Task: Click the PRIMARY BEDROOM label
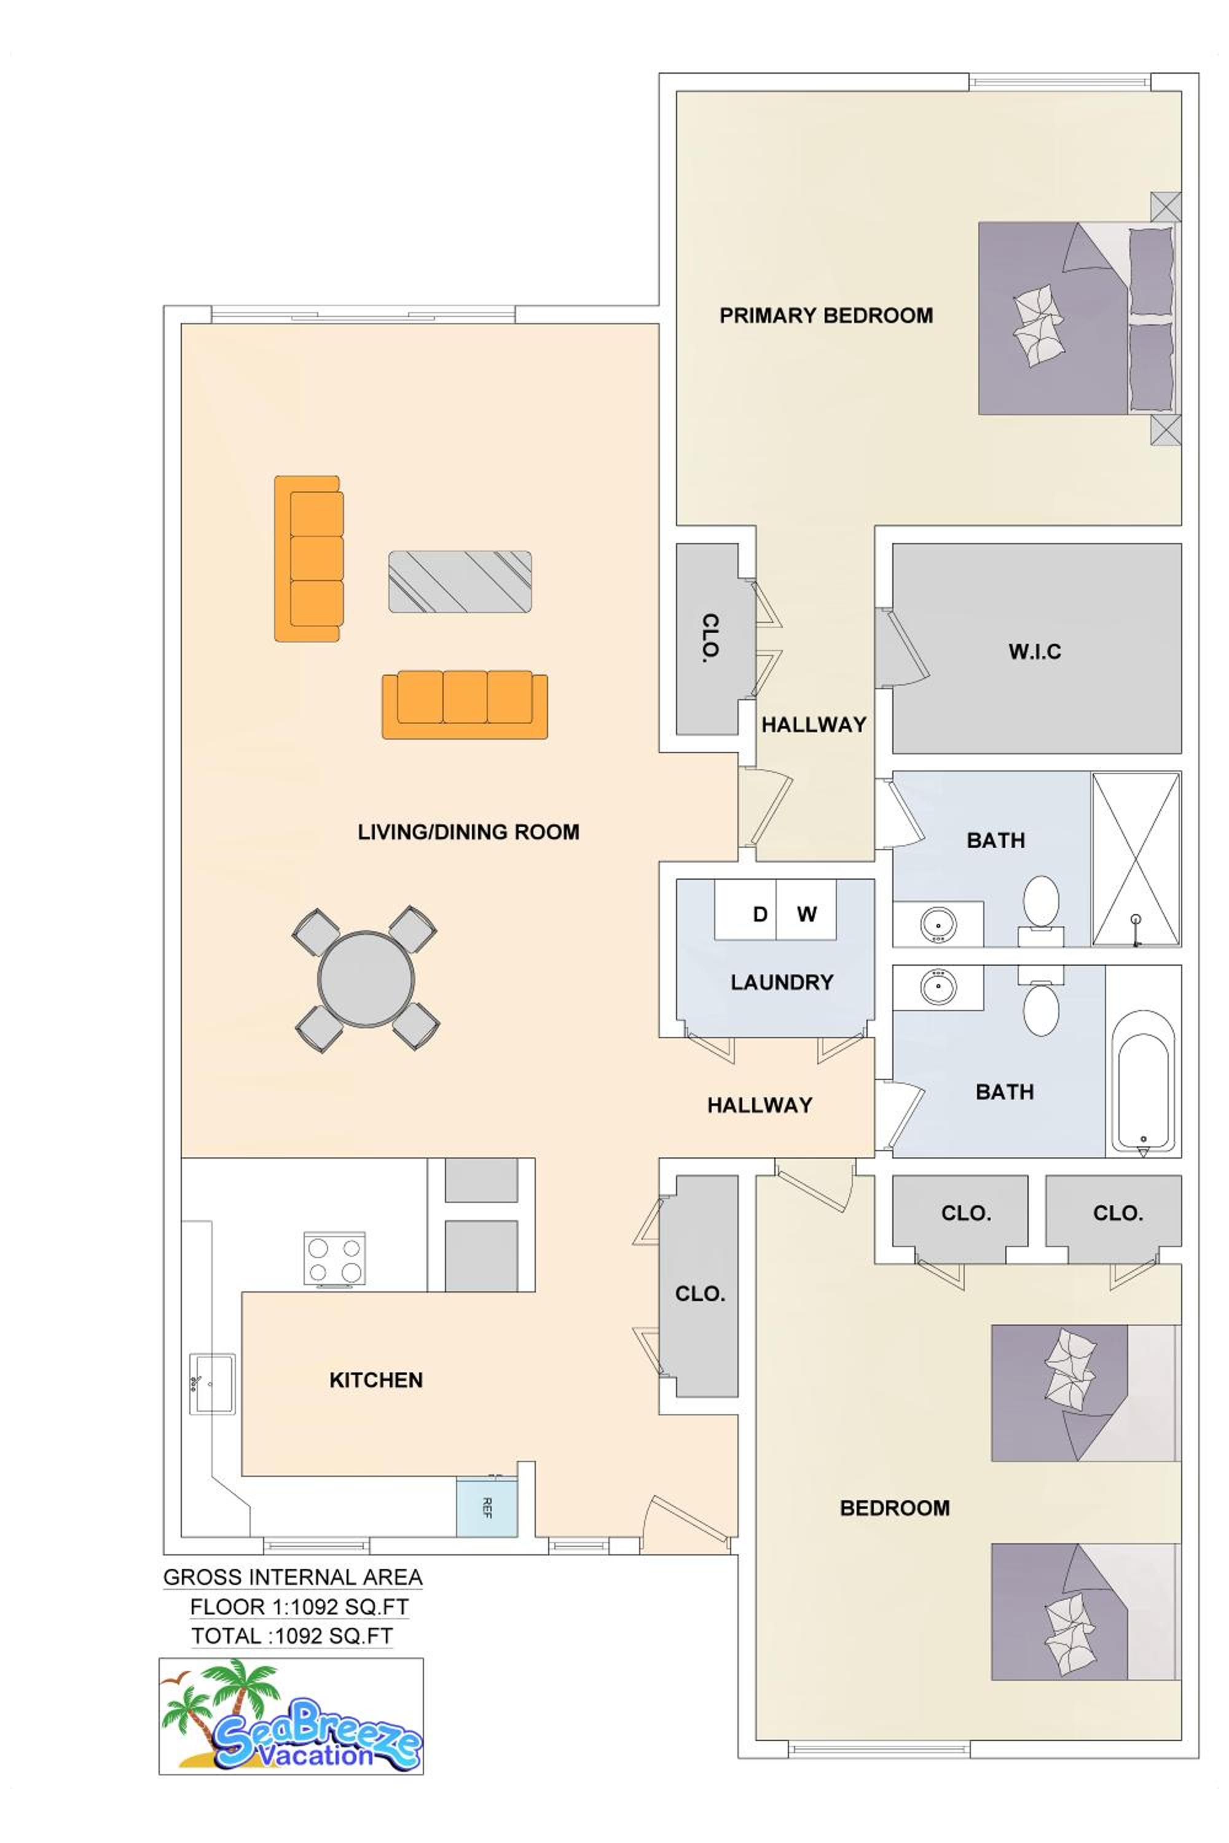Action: (x=826, y=316)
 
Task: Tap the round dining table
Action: (x=366, y=979)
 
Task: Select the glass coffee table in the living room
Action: (x=460, y=581)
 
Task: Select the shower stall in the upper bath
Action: (x=1136, y=859)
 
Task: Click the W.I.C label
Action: (x=1035, y=651)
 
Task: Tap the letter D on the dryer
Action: (x=760, y=914)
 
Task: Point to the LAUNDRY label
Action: (x=782, y=982)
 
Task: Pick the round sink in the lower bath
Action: (x=938, y=987)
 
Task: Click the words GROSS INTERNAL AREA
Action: (x=293, y=1576)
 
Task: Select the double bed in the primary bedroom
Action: (x=1078, y=318)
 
